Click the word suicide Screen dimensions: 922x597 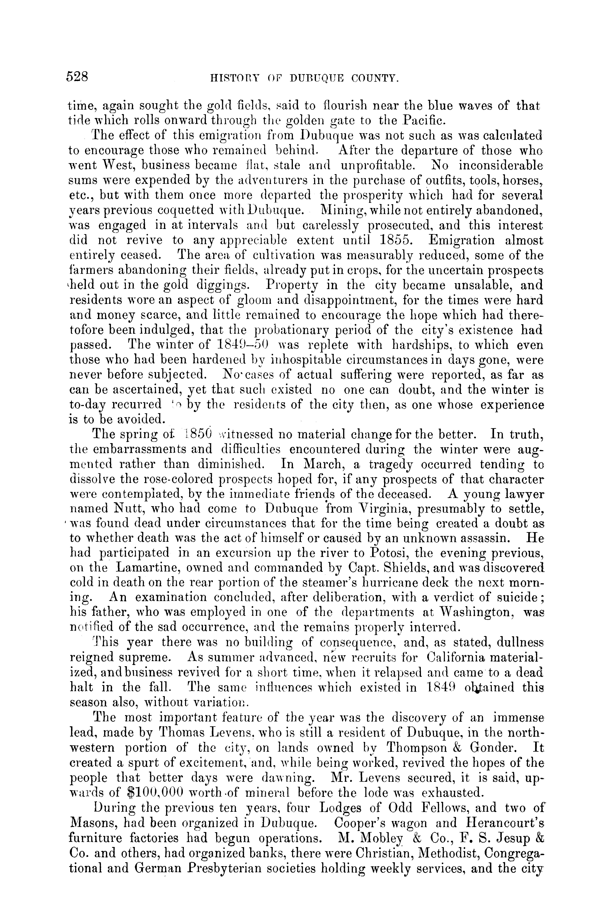click(x=510, y=597)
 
